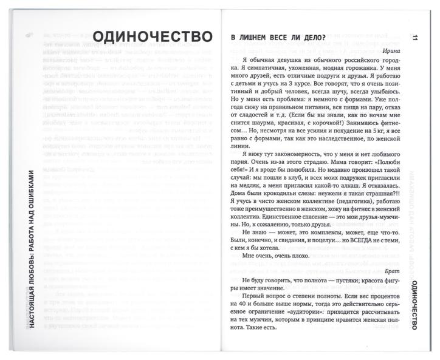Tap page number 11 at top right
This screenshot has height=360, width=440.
[414, 38]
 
